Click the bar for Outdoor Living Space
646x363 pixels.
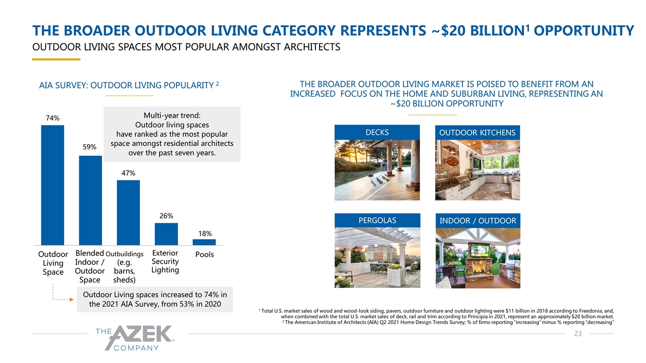coord(52,185)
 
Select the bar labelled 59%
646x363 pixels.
coord(90,200)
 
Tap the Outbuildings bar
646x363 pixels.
coord(128,212)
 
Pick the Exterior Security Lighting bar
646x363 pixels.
coord(166,234)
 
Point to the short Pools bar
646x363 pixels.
coord(204,242)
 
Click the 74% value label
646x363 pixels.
coord(52,118)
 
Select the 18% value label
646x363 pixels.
coord(204,233)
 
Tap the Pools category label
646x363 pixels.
coord(204,255)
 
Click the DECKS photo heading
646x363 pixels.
coord(377,132)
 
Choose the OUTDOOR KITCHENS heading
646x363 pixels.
coord(477,133)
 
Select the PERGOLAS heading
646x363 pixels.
coord(377,220)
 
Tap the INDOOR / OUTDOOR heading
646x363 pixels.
coord(477,221)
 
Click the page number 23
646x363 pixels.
coord(577,334)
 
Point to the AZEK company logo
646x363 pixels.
coord(134,337)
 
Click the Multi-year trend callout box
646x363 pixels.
coord(172,134)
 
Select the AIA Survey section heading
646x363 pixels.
coord(129,85)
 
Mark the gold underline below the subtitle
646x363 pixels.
coord(56,59)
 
